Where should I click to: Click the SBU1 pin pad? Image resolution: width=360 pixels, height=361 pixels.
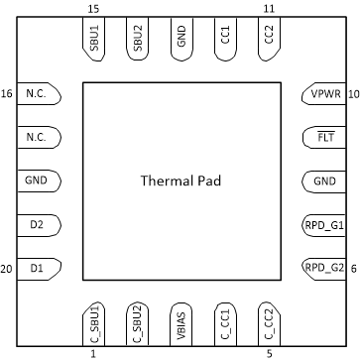click(93, 40)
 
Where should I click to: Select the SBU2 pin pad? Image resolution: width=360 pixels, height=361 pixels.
click(137, 40)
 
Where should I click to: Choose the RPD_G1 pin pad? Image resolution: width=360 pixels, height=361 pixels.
click(322, 225)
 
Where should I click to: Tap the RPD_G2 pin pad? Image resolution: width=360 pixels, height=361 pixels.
click(322, 268)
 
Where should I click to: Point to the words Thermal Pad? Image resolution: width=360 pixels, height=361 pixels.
click(180, 181)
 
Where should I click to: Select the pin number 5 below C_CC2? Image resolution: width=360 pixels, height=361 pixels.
click(268, 353)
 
